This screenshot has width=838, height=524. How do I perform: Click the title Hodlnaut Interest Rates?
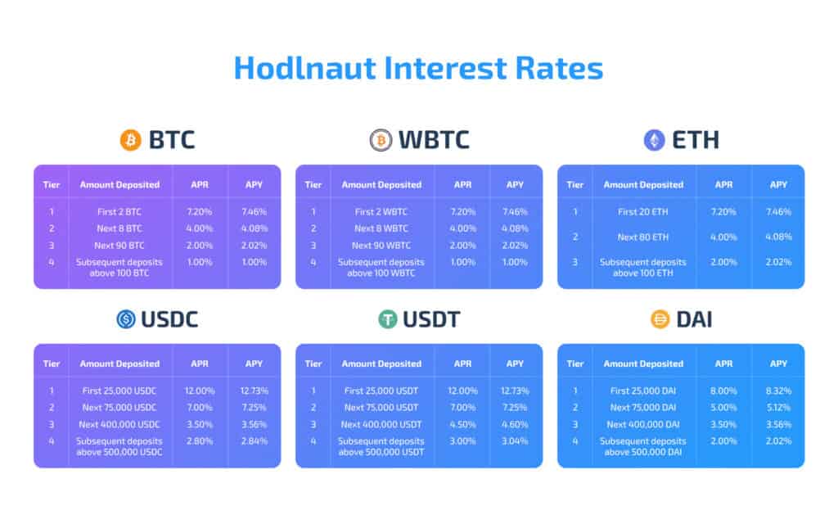click(x=418, y=68)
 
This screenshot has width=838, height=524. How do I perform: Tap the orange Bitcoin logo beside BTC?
click(x=131, y=140)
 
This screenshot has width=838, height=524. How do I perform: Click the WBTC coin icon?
click(x=381, y=140)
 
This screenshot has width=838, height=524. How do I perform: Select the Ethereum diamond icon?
click(x=654, y=140)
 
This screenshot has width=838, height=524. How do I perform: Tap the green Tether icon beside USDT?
click(x=388, y=319)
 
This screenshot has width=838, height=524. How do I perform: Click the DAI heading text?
click(x=694, y=319)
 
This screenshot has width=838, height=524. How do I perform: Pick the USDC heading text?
click(x=169, y=319)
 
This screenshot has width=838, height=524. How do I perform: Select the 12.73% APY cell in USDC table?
click(x=254, y=391)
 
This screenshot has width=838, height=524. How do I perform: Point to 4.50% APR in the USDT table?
click(x=462, y=424)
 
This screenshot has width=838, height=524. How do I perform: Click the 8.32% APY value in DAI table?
click(x=778, y=391)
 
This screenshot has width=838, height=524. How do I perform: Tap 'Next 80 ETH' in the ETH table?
click(x=643, y=237)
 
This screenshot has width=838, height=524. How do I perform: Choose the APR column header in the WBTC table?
click(x=462, y=184)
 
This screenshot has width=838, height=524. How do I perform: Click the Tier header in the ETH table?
click(x=575, y=184)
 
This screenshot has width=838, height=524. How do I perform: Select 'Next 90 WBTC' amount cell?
click(x=381, y=245)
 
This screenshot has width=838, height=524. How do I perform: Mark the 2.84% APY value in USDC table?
click(x=254, y=440)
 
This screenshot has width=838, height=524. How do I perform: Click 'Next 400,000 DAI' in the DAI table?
click(x=643, y=424)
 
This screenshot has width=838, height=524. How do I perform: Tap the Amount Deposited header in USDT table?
click(x=381, y=364)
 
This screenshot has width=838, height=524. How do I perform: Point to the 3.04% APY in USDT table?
click(x=516, y=440)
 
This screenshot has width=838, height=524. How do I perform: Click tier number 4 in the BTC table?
click(x=52, y=262)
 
